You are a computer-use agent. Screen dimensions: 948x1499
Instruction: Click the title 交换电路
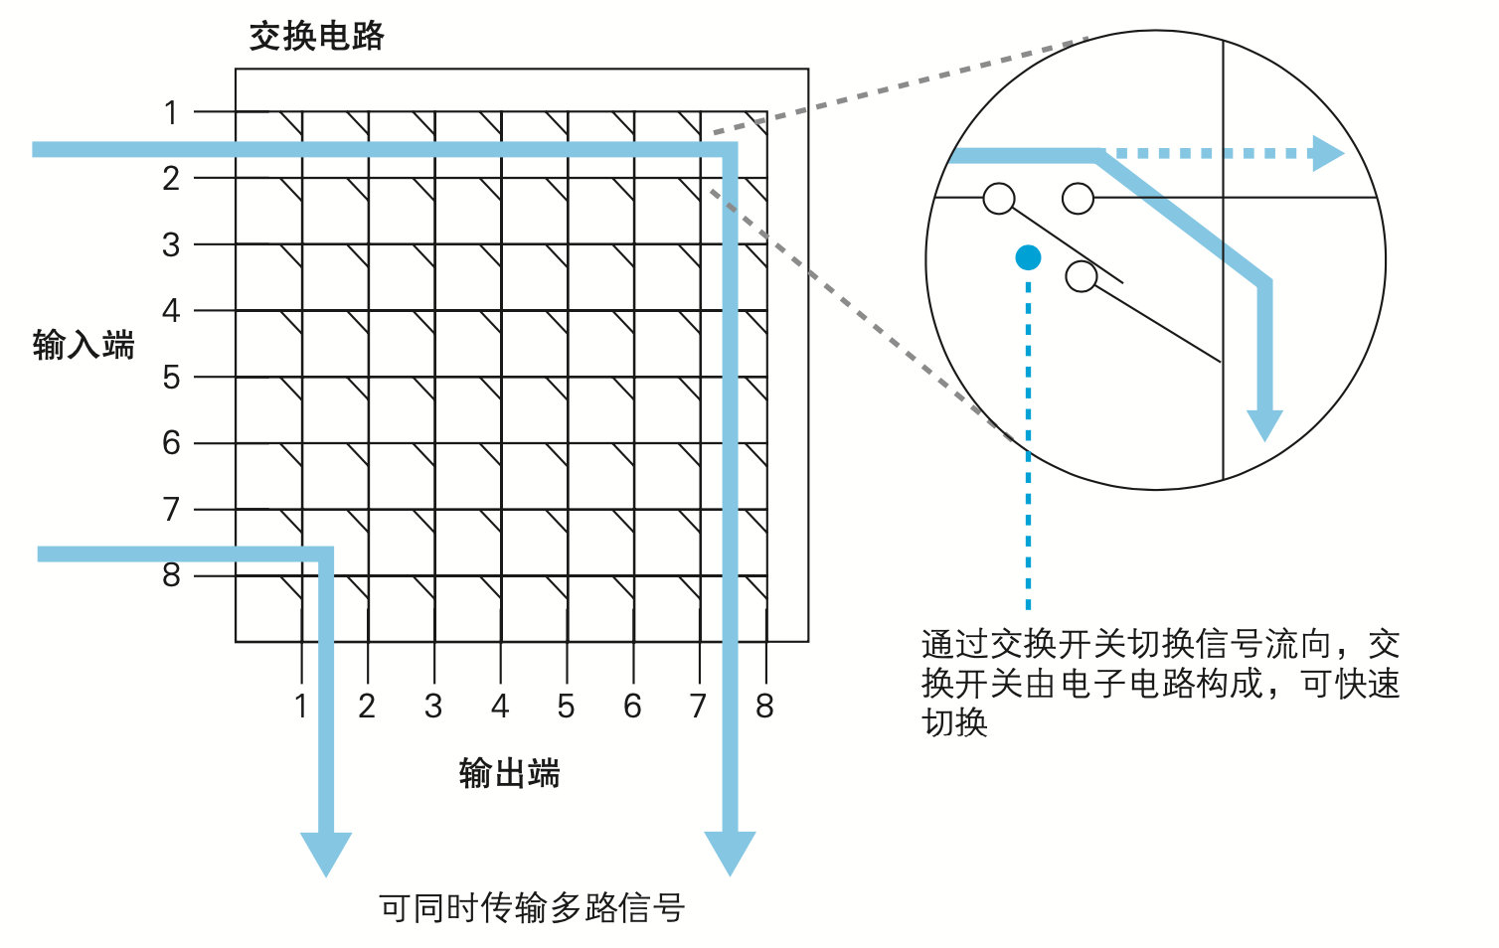pyautogui.click(x=316, y=37)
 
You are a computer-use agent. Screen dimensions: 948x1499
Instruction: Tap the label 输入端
pyautogui.click(x=83, y=345)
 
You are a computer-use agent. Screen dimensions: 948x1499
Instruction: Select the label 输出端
pyautogui.click(x=509, y=772)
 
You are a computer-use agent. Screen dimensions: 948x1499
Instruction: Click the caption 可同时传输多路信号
pyautogui.click(x=532, y=907)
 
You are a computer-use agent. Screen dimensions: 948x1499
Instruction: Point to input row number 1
pyautogui.click(x=171, y=113)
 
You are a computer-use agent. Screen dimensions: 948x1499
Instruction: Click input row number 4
pyautogui.click(x=171, y=311)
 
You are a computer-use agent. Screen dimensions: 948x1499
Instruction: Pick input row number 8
pyautogui.click(x=171, y=574)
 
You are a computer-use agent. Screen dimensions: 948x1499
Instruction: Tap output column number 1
pyautogui.click(x=301, y=706)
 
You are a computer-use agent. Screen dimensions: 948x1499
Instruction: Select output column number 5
pyautogui.click(x=566, y=706)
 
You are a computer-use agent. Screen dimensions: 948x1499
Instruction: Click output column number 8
pyautogui.click(x=763, y=706)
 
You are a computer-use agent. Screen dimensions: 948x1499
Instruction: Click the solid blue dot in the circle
pyautogui.click(x=1028, y=258)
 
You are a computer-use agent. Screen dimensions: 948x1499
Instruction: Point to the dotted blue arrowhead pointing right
pyautogui.click(x=1327, y=154)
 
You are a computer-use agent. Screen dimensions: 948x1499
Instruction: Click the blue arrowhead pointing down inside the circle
pyautogui.click(x=1264, y=424)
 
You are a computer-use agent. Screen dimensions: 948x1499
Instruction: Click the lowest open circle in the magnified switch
pyautogui.click(x=1081, y=276)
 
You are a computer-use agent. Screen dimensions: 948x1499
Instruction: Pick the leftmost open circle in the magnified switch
pyautogui.click(x=999, y=199)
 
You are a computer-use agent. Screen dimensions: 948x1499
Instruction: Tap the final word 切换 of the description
pyautogui.click(x=954, y=722)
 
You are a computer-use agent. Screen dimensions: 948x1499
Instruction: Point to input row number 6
pyautogui.click(x=171, y=443)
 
